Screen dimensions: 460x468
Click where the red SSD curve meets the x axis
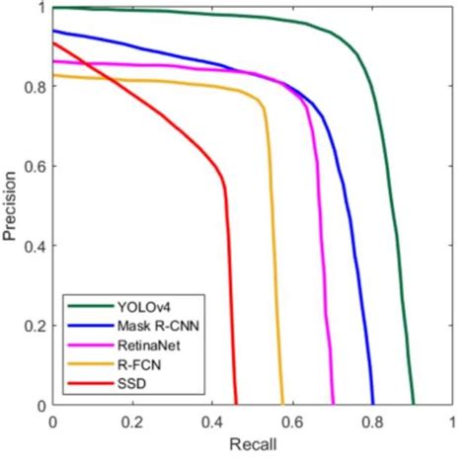tap(236, 405)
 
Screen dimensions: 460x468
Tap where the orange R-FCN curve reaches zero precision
tap(282, 405)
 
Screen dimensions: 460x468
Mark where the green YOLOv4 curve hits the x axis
tap(414, 405)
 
